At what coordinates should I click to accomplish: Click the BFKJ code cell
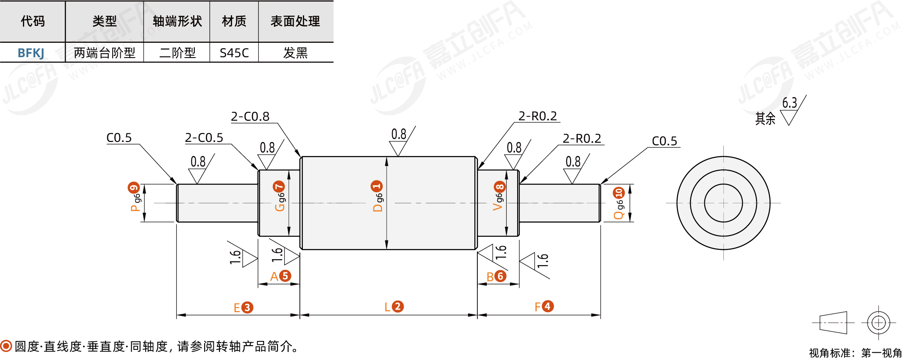tap(31, 53)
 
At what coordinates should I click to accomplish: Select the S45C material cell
tap(234, 53)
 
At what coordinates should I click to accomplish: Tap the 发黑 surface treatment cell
tap(296, 53)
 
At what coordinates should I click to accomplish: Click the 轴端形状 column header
tap(177, 21)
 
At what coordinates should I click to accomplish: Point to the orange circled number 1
tap(377, 186)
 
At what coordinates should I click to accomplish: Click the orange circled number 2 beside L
tap(398, 306)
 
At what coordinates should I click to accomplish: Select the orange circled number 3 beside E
tap(247, 307)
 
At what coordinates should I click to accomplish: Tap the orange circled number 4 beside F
tap(548, 306)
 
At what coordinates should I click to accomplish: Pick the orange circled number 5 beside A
tap(285, 276)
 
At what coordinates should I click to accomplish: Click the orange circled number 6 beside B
tap(501, 276)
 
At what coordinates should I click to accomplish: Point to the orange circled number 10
tap(619, 193)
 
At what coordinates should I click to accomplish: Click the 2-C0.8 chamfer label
tap(250, 116)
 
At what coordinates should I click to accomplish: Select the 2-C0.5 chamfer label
tap(204, 138)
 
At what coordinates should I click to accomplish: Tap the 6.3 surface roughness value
tap(789, 102)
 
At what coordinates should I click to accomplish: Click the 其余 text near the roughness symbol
tap(765, 119)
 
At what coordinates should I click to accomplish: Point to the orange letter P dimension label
tap(135, 208)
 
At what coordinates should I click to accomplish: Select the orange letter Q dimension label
tap(619, 215)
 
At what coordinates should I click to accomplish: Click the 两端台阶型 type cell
tap(105, 53)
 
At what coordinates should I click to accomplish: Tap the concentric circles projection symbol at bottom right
tap(878, 323)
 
